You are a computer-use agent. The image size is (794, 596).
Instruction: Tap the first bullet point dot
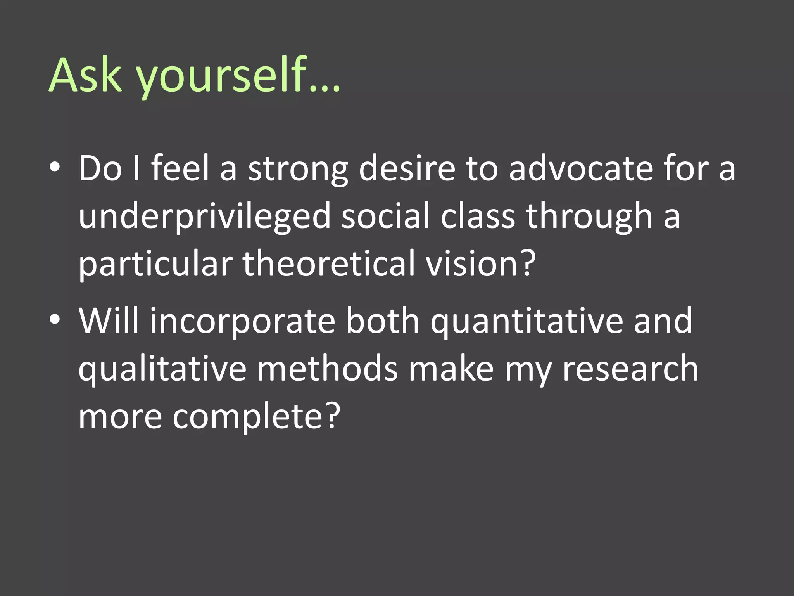tap(55, 167)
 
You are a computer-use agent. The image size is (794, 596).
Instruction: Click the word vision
tap(471, 263)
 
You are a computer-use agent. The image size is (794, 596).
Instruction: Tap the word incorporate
tap(243, 321)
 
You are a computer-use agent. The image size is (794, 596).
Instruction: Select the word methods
tap(327, 369)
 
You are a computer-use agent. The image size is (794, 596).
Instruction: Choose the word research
tap(630, 369)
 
